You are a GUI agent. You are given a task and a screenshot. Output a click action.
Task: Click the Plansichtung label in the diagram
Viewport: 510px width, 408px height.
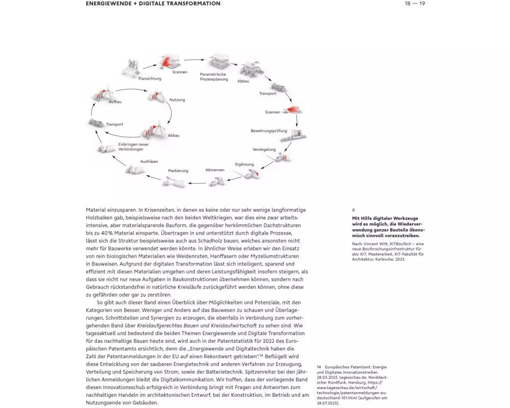tap(149, 79)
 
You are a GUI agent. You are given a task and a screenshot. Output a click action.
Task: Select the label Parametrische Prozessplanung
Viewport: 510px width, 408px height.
tap(213, 77)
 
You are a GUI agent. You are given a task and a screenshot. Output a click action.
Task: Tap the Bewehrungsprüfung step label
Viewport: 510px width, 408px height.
tap(269, 131)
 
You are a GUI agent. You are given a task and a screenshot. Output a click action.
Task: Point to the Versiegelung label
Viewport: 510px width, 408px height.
tap(264, 149)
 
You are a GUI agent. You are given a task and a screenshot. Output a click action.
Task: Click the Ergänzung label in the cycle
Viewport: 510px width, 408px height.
tap(244, 164)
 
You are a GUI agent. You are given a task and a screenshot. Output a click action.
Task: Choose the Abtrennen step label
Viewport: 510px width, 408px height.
tap(215, 169)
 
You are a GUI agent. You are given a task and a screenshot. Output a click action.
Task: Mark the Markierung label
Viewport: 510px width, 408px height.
tap(178, 170)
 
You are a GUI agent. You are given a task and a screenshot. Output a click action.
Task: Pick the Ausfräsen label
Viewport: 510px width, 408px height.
tap(150, 161)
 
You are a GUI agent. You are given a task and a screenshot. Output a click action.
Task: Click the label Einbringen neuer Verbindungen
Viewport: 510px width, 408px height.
tap(130, 147)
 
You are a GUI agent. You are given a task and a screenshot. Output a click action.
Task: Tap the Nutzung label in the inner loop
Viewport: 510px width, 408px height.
tap(177, 100)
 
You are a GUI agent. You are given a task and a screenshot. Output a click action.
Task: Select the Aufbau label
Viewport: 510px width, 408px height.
tap(115, 102)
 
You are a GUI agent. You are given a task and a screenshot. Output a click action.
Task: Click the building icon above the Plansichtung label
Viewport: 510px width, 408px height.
tap(131, 67)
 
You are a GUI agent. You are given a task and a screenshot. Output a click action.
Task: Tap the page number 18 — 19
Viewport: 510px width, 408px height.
tap(415, 4)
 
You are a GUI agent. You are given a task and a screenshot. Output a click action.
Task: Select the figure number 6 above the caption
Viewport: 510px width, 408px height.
tap(353, 210)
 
